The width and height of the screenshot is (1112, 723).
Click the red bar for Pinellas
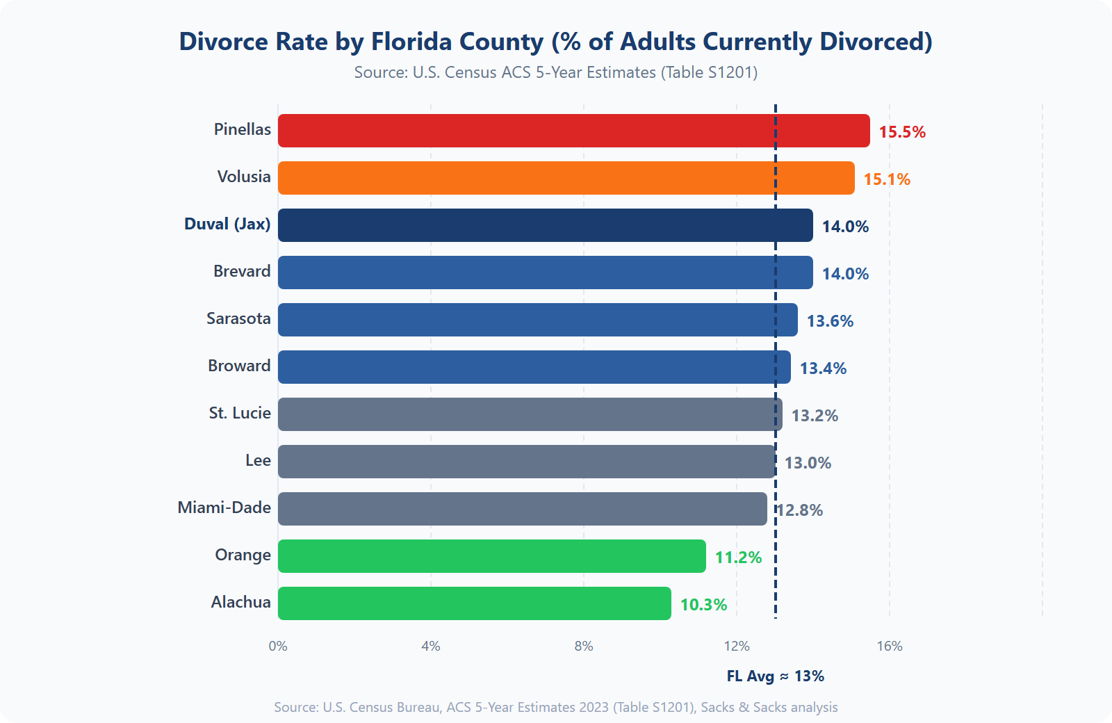(x=573, y=131)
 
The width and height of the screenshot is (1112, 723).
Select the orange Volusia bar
(x=566, y=178)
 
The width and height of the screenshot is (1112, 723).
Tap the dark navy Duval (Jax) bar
(x=545, y=225)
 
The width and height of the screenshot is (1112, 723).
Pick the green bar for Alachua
(x=474, y=603)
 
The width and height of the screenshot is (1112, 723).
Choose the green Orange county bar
(x=491, y=556)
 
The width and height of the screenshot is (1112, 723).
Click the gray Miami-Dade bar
(x=522, y=509)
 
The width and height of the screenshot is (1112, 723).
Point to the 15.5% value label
(x=901, y=132)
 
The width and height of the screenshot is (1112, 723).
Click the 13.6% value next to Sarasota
(x=829, y=321)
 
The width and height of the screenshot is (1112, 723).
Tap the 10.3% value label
(x=703, y=605)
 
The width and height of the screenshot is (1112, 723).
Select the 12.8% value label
(x=800, y=510)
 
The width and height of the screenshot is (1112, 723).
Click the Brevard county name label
(x=242, y=271)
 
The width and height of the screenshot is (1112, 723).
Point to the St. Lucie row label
(x=240, y=413)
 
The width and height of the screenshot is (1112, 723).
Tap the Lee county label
(x=258, y=460)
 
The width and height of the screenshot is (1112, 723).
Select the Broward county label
(x=239, y=366)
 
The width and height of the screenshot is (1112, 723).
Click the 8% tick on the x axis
(x=583, y=646)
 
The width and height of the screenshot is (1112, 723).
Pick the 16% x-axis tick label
(x=889, y=646)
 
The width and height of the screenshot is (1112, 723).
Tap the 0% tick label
(x=278, y=646)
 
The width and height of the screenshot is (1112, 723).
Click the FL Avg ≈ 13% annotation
(x=775, y=676)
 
